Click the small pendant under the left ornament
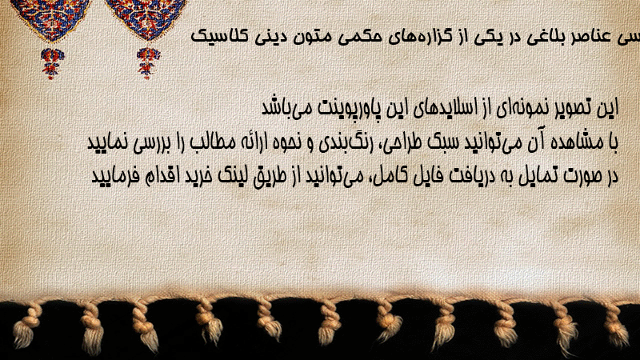(x=52, y=63)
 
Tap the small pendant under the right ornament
(x=148, y=63)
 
